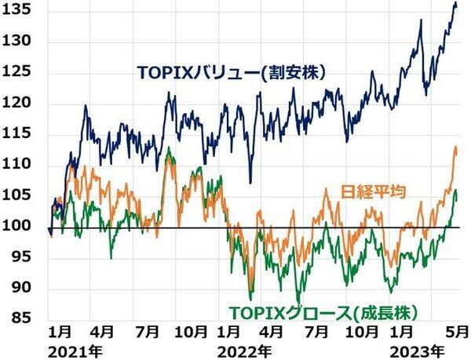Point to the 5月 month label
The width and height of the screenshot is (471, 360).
(458, 331)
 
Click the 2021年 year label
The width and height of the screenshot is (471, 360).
(69, 349)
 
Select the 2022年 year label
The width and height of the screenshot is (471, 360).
(248, 349)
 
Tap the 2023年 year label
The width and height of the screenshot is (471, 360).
(418, 349)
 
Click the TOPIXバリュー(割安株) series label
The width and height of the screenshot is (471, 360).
(232, 73)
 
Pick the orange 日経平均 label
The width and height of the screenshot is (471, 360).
(374, 191)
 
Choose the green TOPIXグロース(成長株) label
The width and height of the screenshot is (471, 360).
(322, 310)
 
